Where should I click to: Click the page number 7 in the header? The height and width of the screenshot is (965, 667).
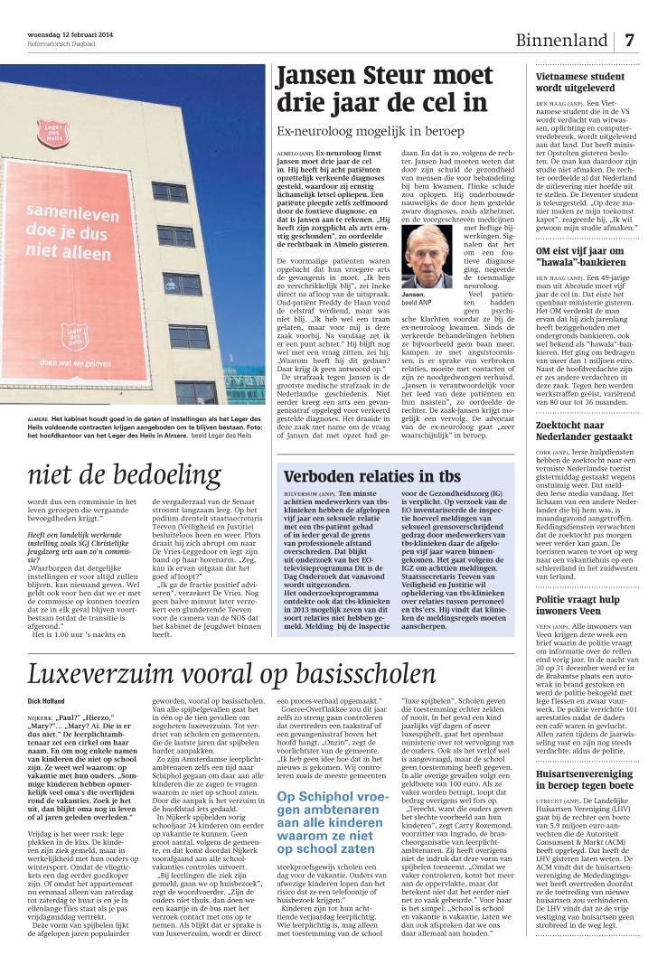pos(630,42)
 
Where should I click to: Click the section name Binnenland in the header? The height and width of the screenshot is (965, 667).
pos(561,42)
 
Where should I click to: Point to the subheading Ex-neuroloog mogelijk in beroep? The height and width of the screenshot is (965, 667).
pos(371,132)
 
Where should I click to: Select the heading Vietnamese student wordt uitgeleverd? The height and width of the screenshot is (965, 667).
pos(580,83)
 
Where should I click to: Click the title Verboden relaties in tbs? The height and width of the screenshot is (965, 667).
pos(360,476)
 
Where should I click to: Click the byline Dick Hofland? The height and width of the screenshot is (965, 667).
pos(47,700)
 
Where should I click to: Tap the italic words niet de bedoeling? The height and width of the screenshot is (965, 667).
pos(125,474)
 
